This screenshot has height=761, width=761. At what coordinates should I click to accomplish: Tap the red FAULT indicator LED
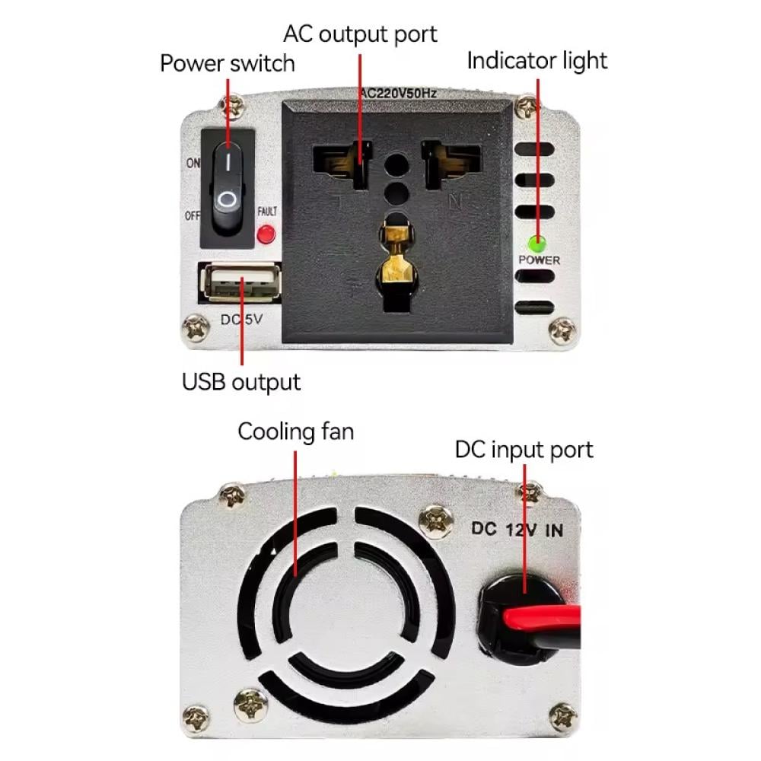tap(266, 234)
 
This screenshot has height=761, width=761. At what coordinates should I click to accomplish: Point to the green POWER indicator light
tap(537, 244)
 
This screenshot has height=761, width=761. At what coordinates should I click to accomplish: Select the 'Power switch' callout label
tap(227, 63)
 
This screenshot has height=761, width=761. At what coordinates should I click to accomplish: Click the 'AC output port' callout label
tap(360, 34)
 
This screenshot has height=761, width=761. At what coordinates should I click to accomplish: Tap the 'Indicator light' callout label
tap(537, 61)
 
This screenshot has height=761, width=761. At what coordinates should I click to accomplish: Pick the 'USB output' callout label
tap(240, 381)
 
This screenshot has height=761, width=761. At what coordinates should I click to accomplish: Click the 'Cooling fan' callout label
tap(295, 432)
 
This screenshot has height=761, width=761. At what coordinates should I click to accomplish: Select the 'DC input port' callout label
tap(524, 450)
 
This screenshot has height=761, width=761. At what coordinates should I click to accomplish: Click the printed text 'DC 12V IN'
tap(517, 530)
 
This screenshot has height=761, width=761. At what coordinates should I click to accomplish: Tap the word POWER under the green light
tap(539, 260)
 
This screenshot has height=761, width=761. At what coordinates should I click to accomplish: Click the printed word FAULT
tap(267, 212)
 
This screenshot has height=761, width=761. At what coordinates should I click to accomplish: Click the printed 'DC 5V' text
tap(240, 320)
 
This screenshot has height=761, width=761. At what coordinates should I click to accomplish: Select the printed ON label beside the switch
tap(193, 163)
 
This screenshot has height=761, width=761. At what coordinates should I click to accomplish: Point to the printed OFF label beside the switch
tap(193, 215)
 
